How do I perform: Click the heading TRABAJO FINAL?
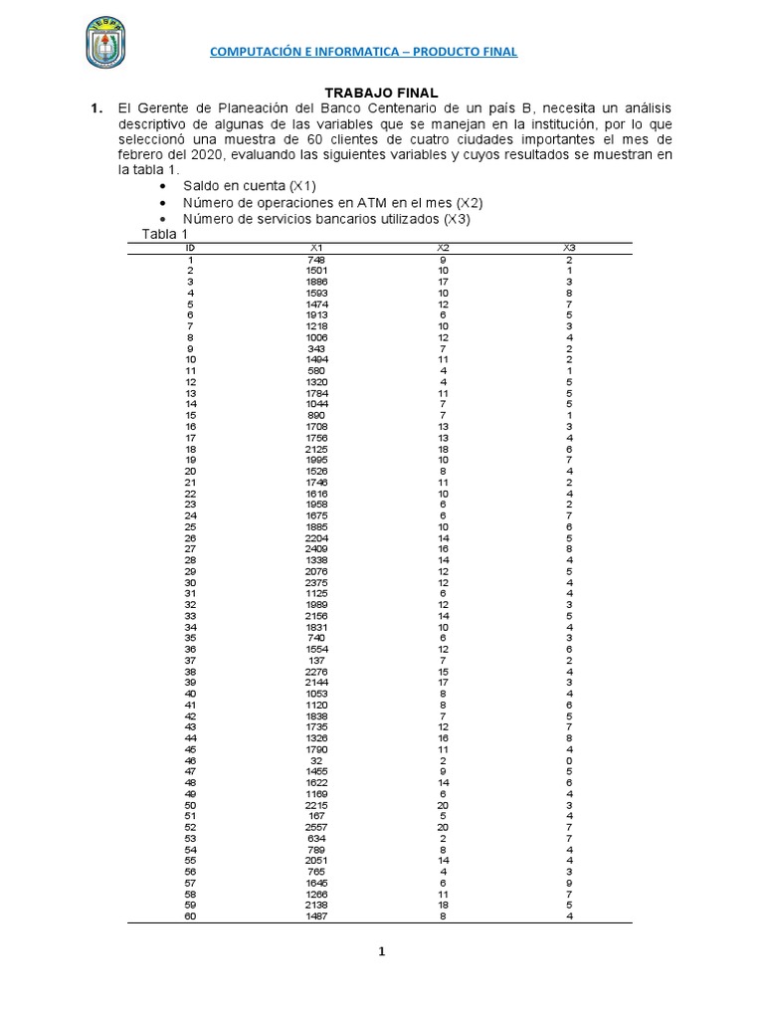[x=382, y=92]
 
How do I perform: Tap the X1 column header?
[x=316, y=248]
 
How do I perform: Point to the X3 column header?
[x=569, y=248]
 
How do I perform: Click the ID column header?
[x=190, y=248]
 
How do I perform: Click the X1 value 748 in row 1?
[x=316, y=260]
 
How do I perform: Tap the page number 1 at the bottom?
[x=381, y=952]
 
